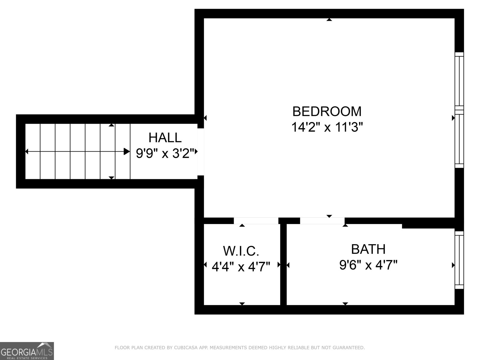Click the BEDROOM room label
pos(327,111)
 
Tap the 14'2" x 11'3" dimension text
pos(327,127)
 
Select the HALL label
pos(165,138)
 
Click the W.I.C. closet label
pos(241,251)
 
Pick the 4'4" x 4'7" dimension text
pos(241,266)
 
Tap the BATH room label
pos(368,249)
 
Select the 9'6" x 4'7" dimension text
pos(368,265)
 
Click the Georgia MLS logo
pos(27,351)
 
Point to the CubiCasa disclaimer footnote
pos(240,348)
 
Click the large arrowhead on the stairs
pos(127,151)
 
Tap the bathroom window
pos(459,260)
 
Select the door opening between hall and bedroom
pos(201,152)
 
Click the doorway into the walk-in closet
pos(256,220)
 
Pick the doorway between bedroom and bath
pos(322,220)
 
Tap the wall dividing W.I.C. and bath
pos(283,264)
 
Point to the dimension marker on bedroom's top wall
pos(329,20)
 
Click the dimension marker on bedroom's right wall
pos(453,118)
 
